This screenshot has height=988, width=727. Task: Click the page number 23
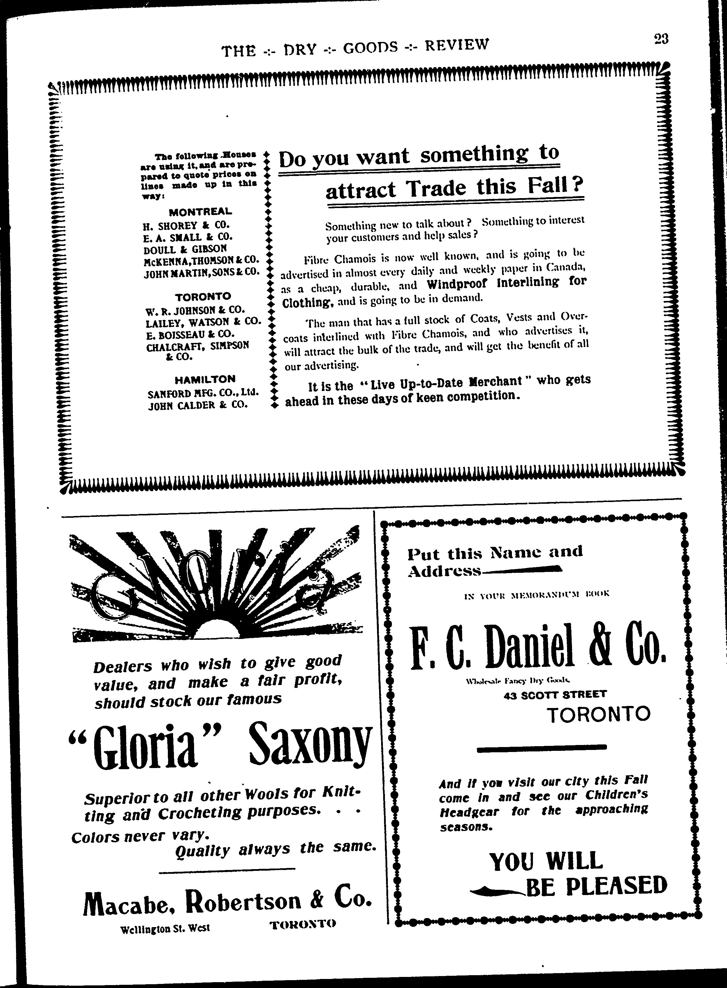pyautogui.click(x=661, y=40)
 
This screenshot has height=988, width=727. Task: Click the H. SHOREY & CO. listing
pyautogui.click(x=186, y=226)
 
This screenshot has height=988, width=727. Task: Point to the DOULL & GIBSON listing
pyautogui.click(x=185, y=249)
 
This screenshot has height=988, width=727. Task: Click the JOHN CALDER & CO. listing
pyautogui.click(x=198, y=404)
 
